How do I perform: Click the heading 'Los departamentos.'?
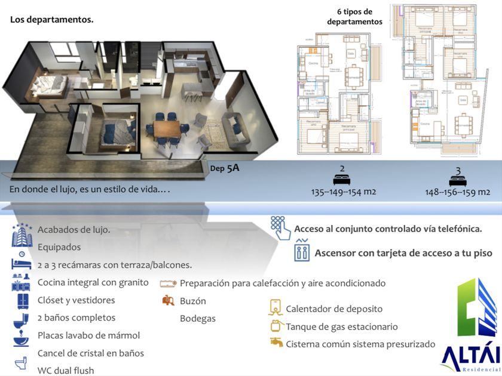click(x=51, y=20)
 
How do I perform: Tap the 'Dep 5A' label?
click(x=225, y=168)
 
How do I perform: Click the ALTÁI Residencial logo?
click(x=470, y=326)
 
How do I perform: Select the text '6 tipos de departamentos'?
click(x=354, y=17)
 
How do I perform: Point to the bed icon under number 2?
click(x=342, y=178)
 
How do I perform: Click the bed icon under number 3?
click(x=458, y=178)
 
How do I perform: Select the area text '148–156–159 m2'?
click(x=458, y=192)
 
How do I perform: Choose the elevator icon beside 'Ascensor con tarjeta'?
click(x=302, y=251)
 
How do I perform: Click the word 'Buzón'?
click(x=192, y=301)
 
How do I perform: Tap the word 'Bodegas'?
click(x=198, y=319)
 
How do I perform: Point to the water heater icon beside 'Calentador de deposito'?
click(x=276, y=308)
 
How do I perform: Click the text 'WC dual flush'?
click(x=66, y=371)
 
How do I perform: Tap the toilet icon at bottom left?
click(x=21, y=365)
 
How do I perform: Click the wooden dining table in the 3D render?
click(x=166, y=128)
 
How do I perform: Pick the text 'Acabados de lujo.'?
click(x=74, y=230)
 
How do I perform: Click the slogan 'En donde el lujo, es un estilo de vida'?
click(x=90, y=189)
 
